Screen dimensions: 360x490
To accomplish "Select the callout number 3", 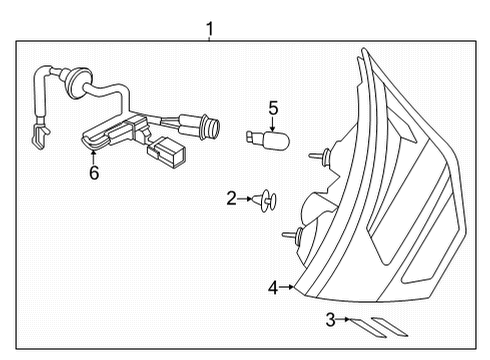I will coord(329,320).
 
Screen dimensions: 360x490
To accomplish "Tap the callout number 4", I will coord(272,288).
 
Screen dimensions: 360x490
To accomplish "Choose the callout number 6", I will coord(94,173).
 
